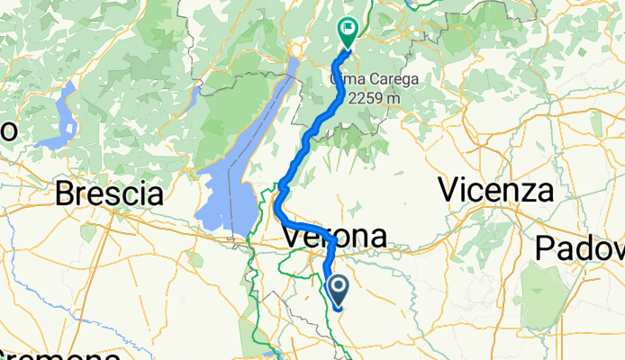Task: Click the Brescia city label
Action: click(x=111, y=193)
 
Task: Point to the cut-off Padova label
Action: click(x=580, y=247)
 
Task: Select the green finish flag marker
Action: click(x=348, y=31)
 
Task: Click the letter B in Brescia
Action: click(x=65, y=193)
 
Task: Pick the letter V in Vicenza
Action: click(x=448, y=190)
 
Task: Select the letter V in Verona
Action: click(x=293, y=237)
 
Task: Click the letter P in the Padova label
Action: click(x=546, y=247)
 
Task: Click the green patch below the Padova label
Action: click(x=540, y=306)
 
